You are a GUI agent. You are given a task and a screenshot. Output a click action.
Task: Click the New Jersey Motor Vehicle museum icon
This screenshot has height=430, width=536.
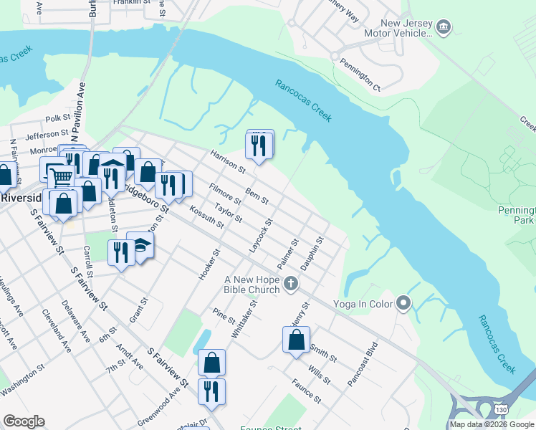444,27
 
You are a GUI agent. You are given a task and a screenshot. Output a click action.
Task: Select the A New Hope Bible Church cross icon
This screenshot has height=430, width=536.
290,285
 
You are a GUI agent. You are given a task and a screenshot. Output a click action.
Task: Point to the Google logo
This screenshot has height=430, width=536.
24,421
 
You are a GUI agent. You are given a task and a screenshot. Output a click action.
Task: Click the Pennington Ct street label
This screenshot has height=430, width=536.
360,76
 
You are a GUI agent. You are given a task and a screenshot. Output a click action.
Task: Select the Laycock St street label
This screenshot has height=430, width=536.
260,236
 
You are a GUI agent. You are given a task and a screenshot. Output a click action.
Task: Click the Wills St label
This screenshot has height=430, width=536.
319,373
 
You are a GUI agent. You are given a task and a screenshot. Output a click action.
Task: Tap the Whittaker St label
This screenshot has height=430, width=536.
244,320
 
